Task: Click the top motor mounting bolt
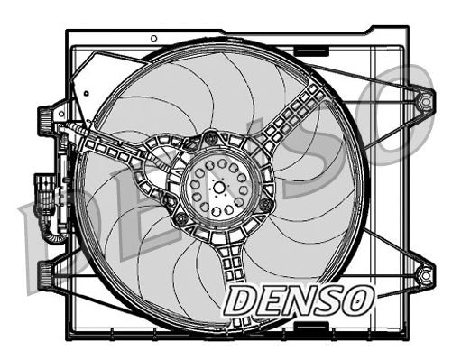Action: coord(211,138)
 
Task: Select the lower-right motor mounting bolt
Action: coord(263,206)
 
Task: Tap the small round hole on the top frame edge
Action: coord(154,38)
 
